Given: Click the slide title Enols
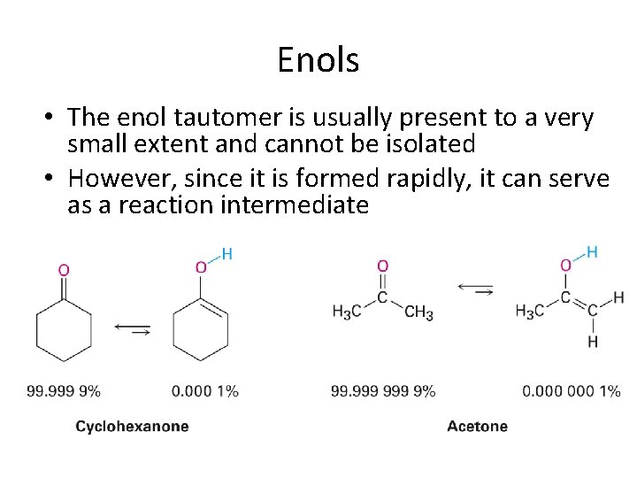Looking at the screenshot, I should pyautogui.click(x=318, y=60).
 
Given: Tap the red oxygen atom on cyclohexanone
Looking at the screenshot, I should pyautogui.click(x=64, y=270).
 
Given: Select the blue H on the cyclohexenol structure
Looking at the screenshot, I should pyautogui.click(x=226, y=254).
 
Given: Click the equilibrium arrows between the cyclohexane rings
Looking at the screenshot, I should pyautogui.click(x=132, y=329).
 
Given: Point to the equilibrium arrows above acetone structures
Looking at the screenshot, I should pyautogui.click(x=476, y=288).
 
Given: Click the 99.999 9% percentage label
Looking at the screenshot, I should pyautogui.click(x=64, y=390).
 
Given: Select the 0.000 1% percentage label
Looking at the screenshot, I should pyautogui.click(x=204, y=390).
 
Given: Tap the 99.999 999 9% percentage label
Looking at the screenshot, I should pyautogui.click(x=383, y=390).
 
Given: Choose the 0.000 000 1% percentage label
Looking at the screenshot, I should pyautogui.click(x=571, y=390).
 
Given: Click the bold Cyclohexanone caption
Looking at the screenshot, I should pyautogui.click(x=132, y=427).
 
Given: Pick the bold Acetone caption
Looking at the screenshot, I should pyautogui.click(x=478, y=427).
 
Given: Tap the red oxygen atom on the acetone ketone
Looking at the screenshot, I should pyautogui.click(x=382, y=266).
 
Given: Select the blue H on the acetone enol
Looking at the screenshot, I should pyautogui.click(x=591, y=252).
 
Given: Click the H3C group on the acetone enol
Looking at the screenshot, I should pyautogui.click(x=530, y=312).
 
